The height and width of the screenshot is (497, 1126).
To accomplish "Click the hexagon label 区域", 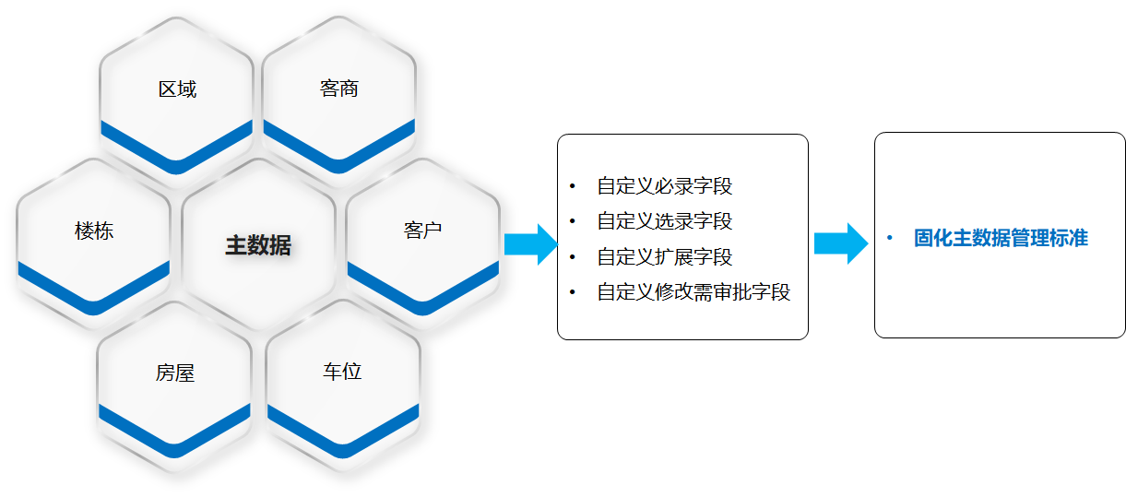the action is [177, 89].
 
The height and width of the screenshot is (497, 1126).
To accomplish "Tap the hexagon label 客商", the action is [338, 89].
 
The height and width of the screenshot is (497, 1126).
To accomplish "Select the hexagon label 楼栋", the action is [94, 231].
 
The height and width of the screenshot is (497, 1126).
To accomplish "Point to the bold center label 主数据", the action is [258, 245].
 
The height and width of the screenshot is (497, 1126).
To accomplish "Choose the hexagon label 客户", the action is [422, 231].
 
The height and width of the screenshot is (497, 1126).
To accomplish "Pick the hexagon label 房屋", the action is [174, 373].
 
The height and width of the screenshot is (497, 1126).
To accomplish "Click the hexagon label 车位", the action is [342, 372].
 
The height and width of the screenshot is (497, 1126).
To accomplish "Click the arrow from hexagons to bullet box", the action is [531, 244].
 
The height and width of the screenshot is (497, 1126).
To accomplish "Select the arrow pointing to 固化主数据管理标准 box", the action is [840, 243].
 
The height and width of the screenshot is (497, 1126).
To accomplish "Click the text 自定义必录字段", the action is [665, 186].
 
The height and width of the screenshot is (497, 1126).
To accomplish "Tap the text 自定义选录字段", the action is [665, 221].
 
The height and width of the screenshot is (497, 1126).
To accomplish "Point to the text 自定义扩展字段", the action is [665, 256].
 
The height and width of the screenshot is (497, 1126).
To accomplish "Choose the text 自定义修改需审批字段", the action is [693, 292].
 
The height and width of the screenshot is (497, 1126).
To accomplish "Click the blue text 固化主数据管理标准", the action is [1001, 238].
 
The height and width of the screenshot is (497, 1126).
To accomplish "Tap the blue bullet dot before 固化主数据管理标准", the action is [889, 238].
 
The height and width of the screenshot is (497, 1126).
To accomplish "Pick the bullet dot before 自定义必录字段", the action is [572, 186].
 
